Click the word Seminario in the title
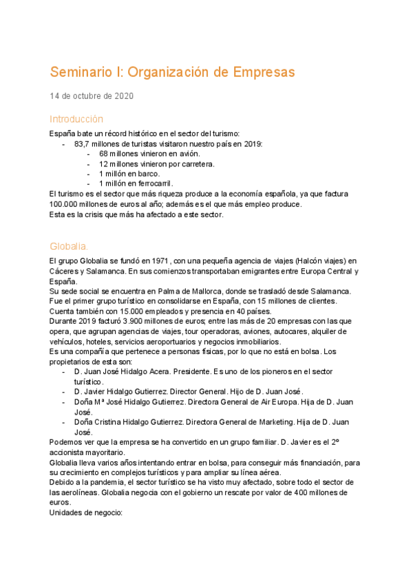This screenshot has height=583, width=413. [85, 72]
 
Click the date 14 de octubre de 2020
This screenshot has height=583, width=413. [92, 96]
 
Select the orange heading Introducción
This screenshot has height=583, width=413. [76, 119]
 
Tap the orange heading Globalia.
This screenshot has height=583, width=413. [69, 246]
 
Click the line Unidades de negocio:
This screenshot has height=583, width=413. [86, 513]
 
